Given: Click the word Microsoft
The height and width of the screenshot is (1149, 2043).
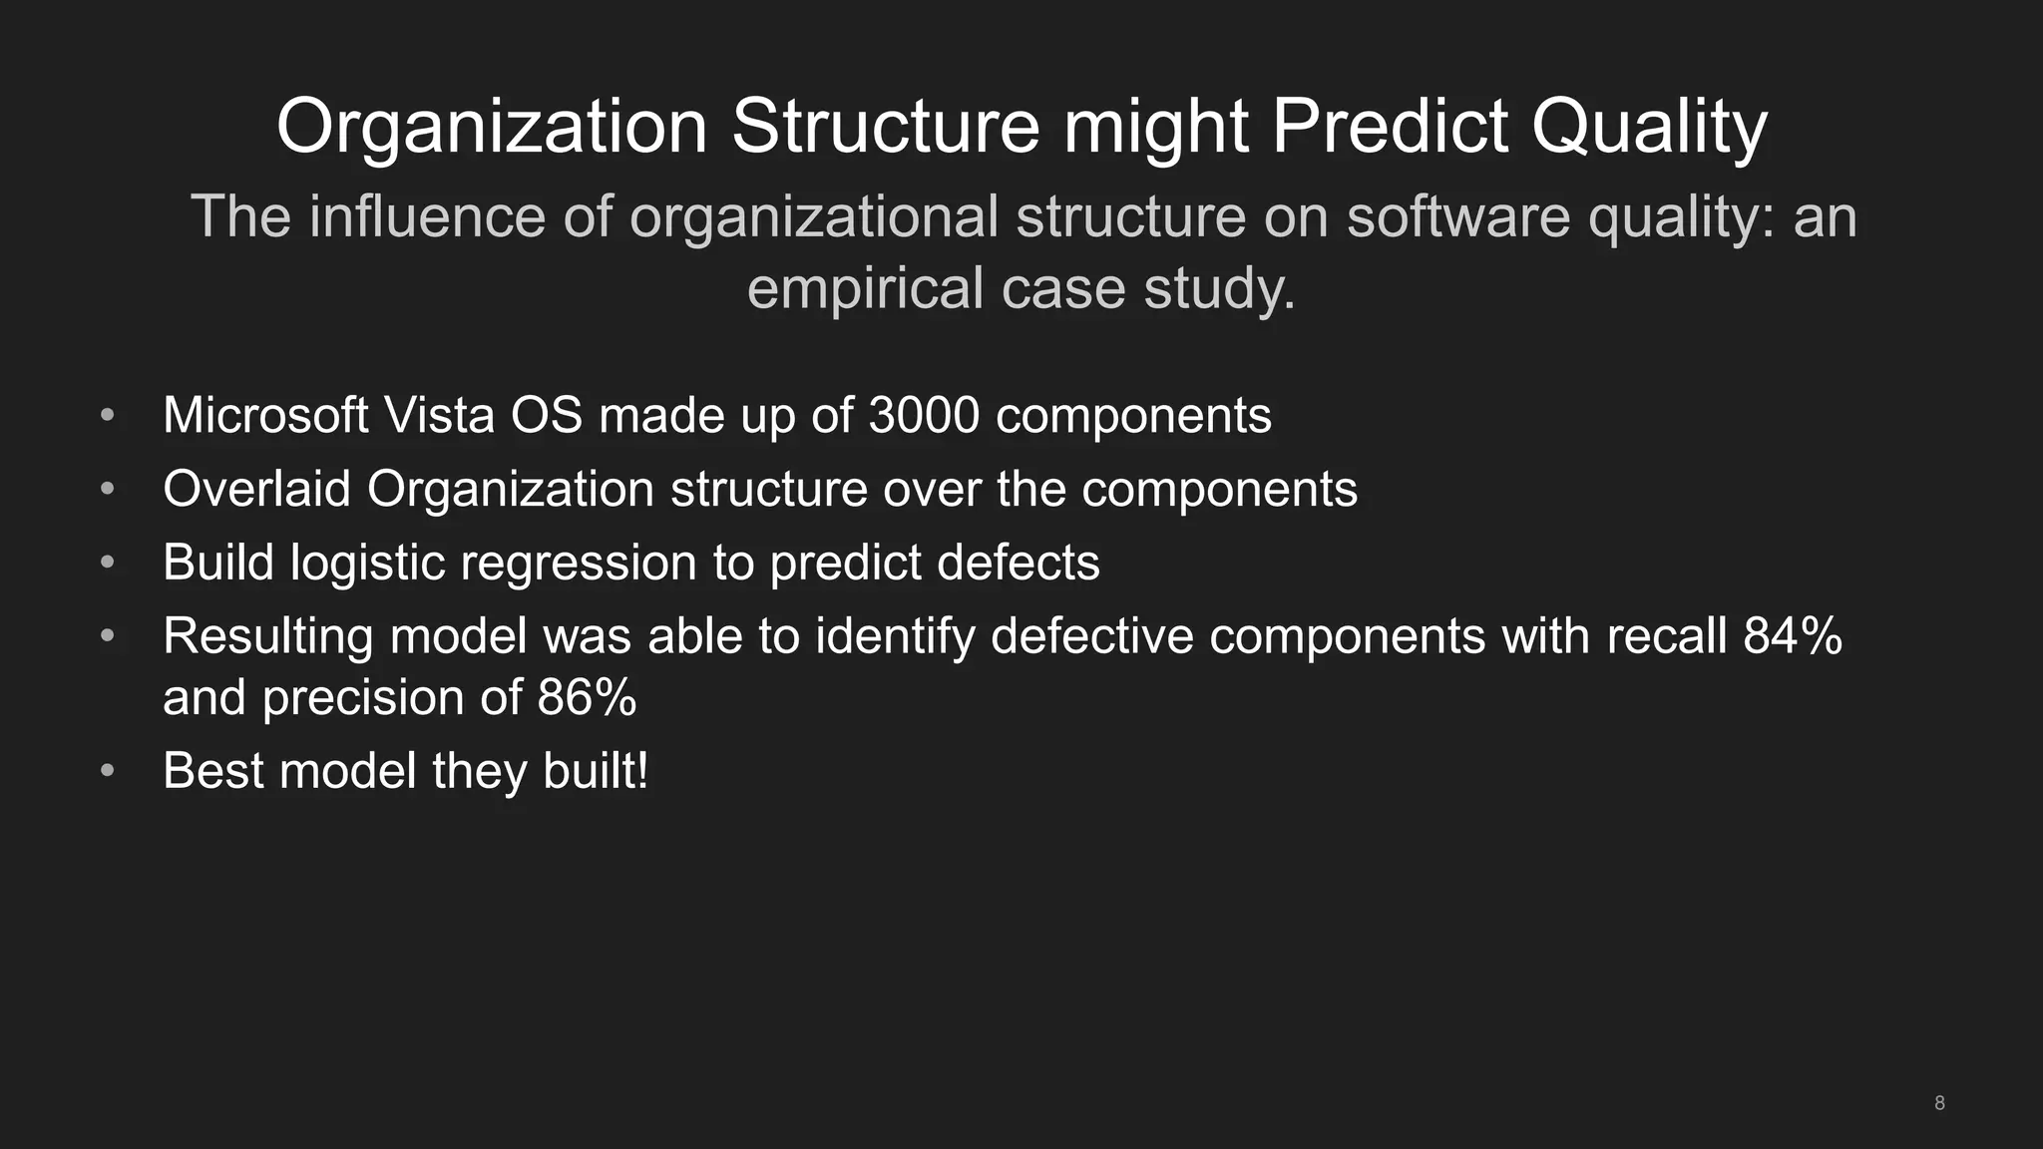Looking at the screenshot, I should [x=265, y=415].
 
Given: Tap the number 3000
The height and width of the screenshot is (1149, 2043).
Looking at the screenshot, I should [x=924, y=415].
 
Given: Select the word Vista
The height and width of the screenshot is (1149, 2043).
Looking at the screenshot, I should [x=439, y=415].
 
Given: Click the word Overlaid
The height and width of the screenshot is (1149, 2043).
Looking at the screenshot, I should [x=256, y=489].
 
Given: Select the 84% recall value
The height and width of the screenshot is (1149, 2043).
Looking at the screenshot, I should [x=1792, y=635].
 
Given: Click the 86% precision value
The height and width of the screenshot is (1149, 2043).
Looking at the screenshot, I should [x=587, y=697].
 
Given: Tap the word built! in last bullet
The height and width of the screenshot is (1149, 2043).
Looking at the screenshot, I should [x=595, y=771].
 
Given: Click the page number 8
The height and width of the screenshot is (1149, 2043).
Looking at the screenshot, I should [x=1939, y=1103].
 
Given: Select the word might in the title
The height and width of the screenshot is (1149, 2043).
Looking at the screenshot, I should [x=1155, y=128].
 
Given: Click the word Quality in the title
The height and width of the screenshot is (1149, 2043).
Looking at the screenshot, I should [x=1648, y=128].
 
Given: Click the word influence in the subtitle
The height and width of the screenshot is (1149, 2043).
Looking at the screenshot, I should [x=427, y=217].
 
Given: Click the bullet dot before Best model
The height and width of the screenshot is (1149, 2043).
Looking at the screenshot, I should [x=108, y=771].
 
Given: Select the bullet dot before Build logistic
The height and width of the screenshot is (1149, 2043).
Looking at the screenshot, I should [x=108, y=563].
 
